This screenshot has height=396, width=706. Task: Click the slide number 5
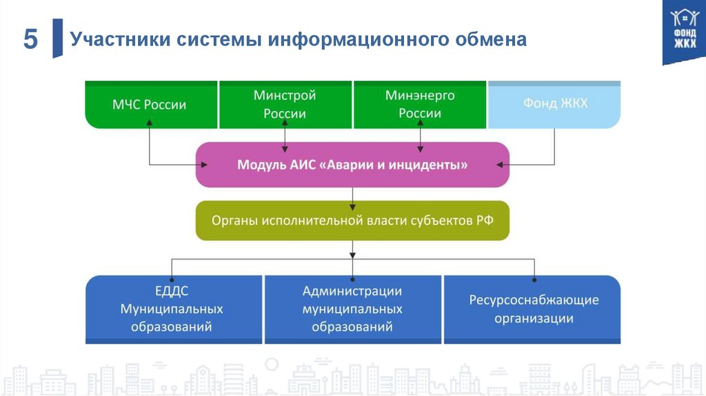(x=30, y=39)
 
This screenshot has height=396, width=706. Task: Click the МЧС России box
(x=150, y=105)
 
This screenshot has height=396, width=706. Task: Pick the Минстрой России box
(x=285, y=105)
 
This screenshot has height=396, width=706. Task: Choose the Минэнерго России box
(x=420, y=105)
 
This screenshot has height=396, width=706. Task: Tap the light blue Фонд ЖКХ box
(x=555, y=105)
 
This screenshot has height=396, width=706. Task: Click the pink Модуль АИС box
(x=352, y=165)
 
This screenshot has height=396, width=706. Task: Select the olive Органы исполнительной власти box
(x=352, y=221)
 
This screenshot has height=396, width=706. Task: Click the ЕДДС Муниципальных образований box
(x=172, y=309)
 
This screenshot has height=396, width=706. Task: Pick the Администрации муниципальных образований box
(x=352, y=309)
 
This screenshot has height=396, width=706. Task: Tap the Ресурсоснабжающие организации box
(x=534, y=309)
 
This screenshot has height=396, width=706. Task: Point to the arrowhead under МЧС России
(x=150, y=121)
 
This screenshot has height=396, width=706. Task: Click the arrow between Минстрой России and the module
(x=285, y=135)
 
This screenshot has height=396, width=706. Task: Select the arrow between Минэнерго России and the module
(x=420, y=135)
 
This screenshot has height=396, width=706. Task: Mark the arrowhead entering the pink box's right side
(x=501, y=164)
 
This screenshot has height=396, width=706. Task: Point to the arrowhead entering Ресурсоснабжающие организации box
(x=534, y=279)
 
